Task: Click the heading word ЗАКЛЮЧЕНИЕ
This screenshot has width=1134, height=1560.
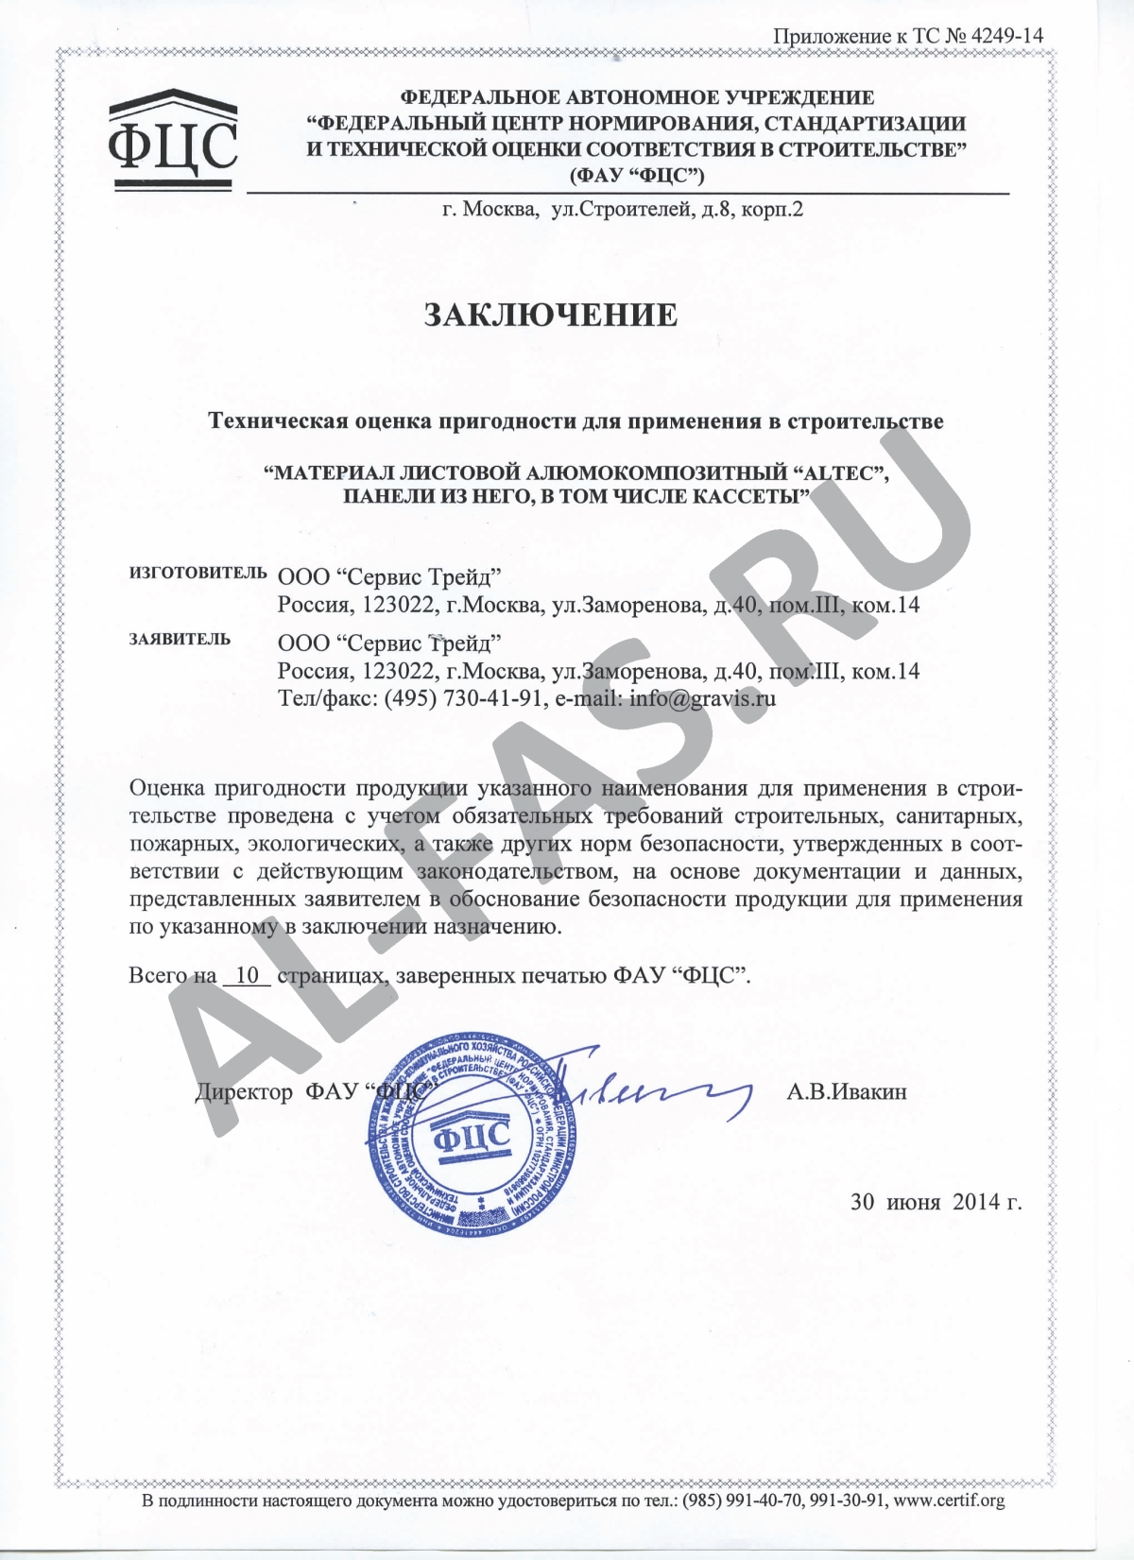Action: [550, 316]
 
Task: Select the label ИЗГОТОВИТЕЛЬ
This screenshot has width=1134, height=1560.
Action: [198, 574]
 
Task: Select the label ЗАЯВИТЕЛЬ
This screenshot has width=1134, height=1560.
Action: [180, 640]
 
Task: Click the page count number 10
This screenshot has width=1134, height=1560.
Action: [248, 975]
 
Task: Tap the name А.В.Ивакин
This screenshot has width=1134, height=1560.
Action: [846, 1092]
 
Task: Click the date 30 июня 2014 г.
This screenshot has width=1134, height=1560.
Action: [936, 1202]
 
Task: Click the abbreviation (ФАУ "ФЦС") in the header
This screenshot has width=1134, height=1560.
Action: [636, 175]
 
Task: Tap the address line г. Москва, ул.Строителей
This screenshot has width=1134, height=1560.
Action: [623, 209]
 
